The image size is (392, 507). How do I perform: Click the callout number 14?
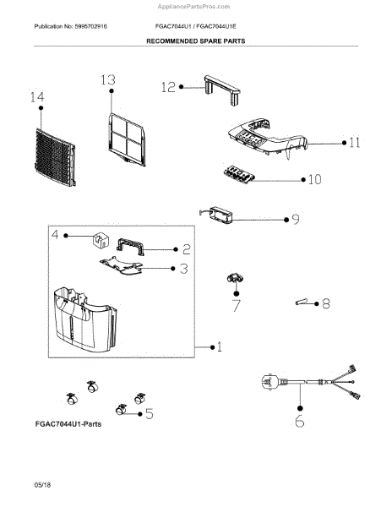[37, 97]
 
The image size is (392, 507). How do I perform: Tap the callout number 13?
[108, 80]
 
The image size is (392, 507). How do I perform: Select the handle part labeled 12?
[222, 90]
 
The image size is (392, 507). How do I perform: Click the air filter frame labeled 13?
[127, 139]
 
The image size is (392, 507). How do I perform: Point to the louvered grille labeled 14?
[55, 157]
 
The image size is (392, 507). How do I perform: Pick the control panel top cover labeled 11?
[268, 138]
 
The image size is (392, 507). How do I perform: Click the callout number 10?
[314, 179]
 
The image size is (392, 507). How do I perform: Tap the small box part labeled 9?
[216, 215]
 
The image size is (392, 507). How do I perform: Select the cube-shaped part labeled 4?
[101, 240]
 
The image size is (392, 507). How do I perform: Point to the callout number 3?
[184, 269]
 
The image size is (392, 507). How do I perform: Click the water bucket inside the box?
[85, 319]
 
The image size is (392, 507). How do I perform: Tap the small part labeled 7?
[234, 278]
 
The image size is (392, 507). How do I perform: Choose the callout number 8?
[326, 303]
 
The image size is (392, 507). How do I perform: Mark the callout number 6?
[299, 421]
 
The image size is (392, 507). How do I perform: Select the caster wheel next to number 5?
[121, 410]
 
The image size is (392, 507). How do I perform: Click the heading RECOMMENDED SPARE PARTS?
[196, 41]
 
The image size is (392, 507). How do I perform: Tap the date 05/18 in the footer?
[42, 485]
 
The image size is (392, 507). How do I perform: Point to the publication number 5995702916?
[90, 26]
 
